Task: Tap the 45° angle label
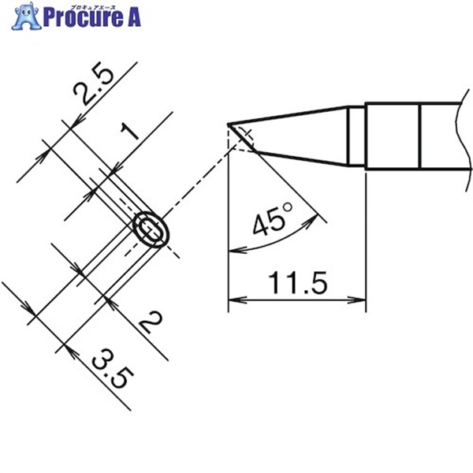tap(272, 224)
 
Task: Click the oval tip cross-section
tap(151, 230)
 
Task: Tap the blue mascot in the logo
tap(28, 16)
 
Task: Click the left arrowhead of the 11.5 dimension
tap(233, 300)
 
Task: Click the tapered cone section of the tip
tap(300, 137)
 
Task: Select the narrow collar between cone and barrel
tap(356, 137)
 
